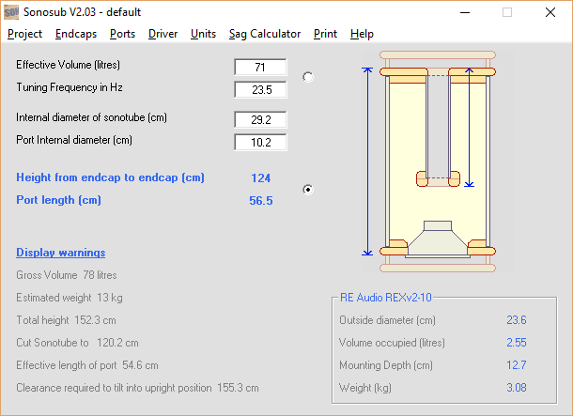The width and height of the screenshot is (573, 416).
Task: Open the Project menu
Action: [x=24, y=34]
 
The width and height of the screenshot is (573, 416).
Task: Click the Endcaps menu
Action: [x=76, y=34]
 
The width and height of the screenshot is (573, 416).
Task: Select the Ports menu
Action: [x=122, y=34]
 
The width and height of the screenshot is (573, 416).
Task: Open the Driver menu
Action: [x=163, y=34]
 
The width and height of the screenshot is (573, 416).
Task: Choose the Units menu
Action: [x=203, y=34]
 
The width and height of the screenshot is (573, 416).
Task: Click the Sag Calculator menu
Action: [x=265, y=34]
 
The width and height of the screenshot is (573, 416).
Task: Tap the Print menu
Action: [x=325, y=34]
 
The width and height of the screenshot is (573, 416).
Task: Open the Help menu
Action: [x=362, y=34]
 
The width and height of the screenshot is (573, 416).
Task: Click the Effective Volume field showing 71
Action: [x=260, y=68]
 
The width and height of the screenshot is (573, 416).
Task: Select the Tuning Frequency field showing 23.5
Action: [x=260, y=90]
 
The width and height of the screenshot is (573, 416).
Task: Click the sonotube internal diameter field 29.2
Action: [x=260, y=120]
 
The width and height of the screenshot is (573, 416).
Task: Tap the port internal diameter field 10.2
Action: [x=260, y=143]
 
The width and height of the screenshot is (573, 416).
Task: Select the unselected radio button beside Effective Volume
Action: [x=308, y=77]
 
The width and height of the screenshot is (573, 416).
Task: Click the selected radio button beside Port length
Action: [x=308, y=190]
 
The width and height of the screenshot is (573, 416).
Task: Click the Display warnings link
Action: [x=61, y=253]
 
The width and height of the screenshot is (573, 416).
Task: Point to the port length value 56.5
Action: [x=261, y=201]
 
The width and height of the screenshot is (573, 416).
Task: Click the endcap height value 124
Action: [x=261, y=177]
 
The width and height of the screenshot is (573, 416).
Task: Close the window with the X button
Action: [x=550, y=12]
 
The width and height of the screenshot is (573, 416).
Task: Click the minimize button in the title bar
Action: [x=465, y=12]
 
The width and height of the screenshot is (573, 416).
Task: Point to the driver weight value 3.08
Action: [x=517, y=388]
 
